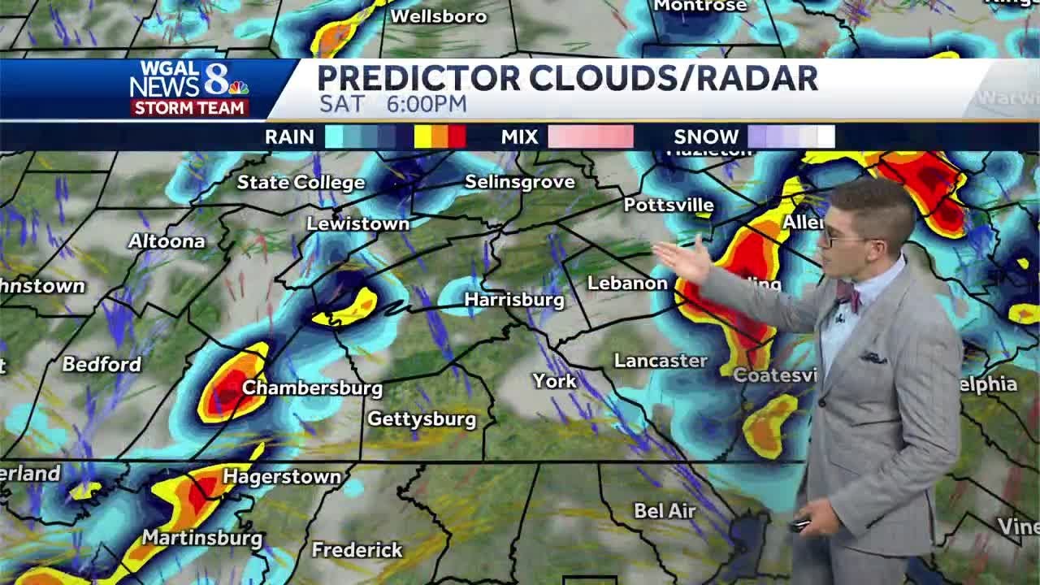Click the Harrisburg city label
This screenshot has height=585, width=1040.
[x=513, y=300]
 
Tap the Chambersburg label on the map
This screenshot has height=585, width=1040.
[x=312, y=388]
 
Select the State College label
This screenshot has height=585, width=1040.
[x=301, y=183]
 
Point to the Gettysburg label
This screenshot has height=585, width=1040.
[x=421, y=419]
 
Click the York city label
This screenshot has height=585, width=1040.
[x=554, y=380]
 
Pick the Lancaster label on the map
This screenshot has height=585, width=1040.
[x=660, y=361]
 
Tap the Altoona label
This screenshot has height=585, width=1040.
[x=167, y=241]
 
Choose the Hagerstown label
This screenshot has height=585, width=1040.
[x=281, y=476]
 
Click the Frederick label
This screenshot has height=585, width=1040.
[x=357, y=550]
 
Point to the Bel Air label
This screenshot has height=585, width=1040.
[x=665, y=511]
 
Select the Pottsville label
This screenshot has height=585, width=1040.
[x=668, y=205]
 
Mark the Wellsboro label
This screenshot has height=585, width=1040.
[x=438, y=16]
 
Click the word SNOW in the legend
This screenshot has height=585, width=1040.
[x=706, y=136]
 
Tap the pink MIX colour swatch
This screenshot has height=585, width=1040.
[x=590, y=136]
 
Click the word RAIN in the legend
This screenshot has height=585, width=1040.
[x=289, y=136]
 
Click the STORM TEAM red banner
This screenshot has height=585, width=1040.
[x=189, y=108]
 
